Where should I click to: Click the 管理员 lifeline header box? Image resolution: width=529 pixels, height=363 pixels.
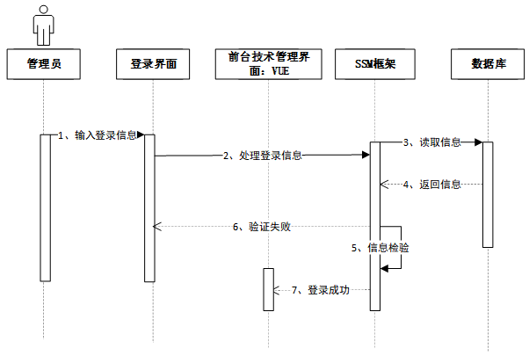pos(44,64)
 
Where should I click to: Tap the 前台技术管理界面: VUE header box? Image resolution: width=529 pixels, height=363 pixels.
pos(268,64)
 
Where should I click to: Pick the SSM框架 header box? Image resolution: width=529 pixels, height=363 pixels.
pos(375,64)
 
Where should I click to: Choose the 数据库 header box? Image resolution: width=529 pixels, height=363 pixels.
pos(487,64)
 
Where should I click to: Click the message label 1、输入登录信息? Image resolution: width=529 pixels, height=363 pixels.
pos(98,135)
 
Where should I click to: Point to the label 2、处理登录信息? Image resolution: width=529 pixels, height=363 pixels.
pos(261,156)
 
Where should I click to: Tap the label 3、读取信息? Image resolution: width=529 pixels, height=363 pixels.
pos(431,142)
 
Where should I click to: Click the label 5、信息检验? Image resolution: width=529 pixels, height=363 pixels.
pos(380,248)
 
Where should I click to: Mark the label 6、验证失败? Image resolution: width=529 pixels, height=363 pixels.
pos(261,227)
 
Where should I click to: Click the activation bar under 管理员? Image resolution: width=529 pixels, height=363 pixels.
pos(45,207)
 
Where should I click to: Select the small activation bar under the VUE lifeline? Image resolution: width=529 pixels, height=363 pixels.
pos(269,288)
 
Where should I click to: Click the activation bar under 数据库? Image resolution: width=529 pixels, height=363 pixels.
pos(487,193)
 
